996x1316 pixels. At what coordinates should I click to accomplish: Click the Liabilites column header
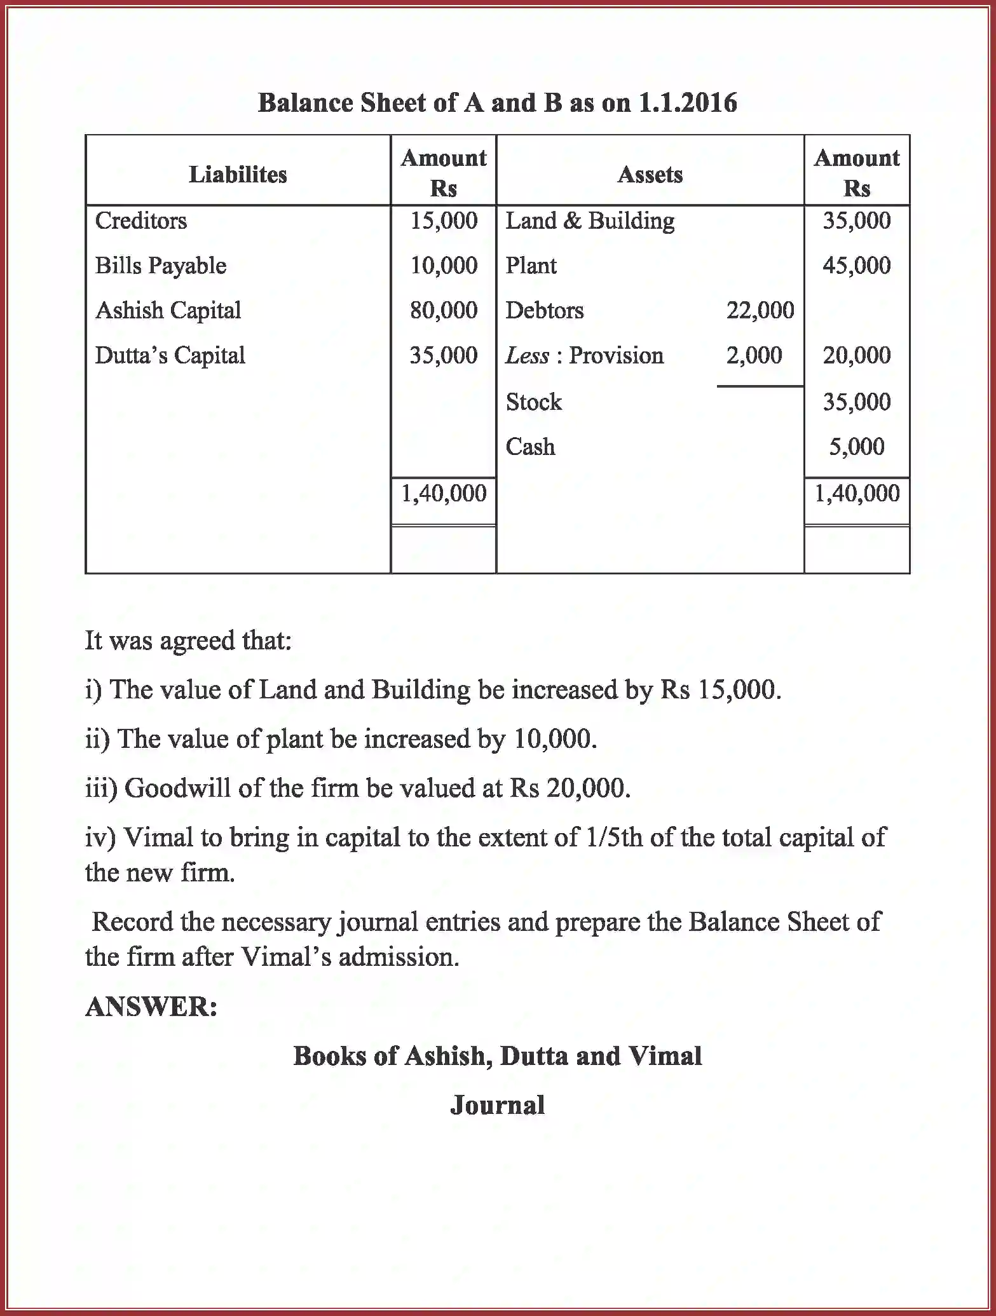[x=238, y=174]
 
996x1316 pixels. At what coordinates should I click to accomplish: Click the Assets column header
[x=650, y=174]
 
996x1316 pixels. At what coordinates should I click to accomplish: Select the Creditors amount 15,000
[x=443, y=220]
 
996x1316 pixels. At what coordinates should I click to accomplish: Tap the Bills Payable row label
[x=160, y=266]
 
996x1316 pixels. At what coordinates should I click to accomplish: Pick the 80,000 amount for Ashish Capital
[x=443, y=310]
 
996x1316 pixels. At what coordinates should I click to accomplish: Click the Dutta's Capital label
[x=170, y=355]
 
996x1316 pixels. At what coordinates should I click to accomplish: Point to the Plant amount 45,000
[x=856, y=266]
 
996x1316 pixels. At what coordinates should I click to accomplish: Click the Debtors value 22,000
[x=760, y=310]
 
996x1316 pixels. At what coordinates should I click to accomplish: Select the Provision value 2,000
[x=754, y=355]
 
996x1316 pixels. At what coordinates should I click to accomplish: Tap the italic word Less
[x=526, y=355]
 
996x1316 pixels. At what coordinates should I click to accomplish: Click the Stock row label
[x=533, y=402]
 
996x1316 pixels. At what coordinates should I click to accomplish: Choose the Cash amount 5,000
[x=856, y=447]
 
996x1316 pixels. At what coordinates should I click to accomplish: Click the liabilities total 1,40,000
[x=443, y=493]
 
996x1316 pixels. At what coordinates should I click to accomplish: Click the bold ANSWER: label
[x=151, y=1007]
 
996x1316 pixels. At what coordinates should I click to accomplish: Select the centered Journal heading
[x=497, y=1105]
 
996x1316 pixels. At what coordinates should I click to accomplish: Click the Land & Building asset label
[x=590, y=220]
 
